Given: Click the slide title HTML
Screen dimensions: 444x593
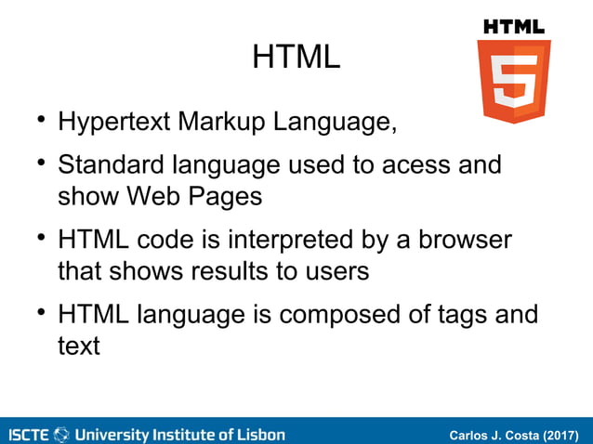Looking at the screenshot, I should tap(296, 59).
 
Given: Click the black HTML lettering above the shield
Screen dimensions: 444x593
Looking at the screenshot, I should tap(514, 27).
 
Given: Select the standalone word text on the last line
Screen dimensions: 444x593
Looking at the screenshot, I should tap(78, 346).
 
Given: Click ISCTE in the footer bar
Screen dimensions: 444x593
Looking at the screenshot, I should tap(30, 435).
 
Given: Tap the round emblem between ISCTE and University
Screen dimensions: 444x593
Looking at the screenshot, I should tap(62, 435).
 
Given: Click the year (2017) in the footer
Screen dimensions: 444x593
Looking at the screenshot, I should tap(560, 435).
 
